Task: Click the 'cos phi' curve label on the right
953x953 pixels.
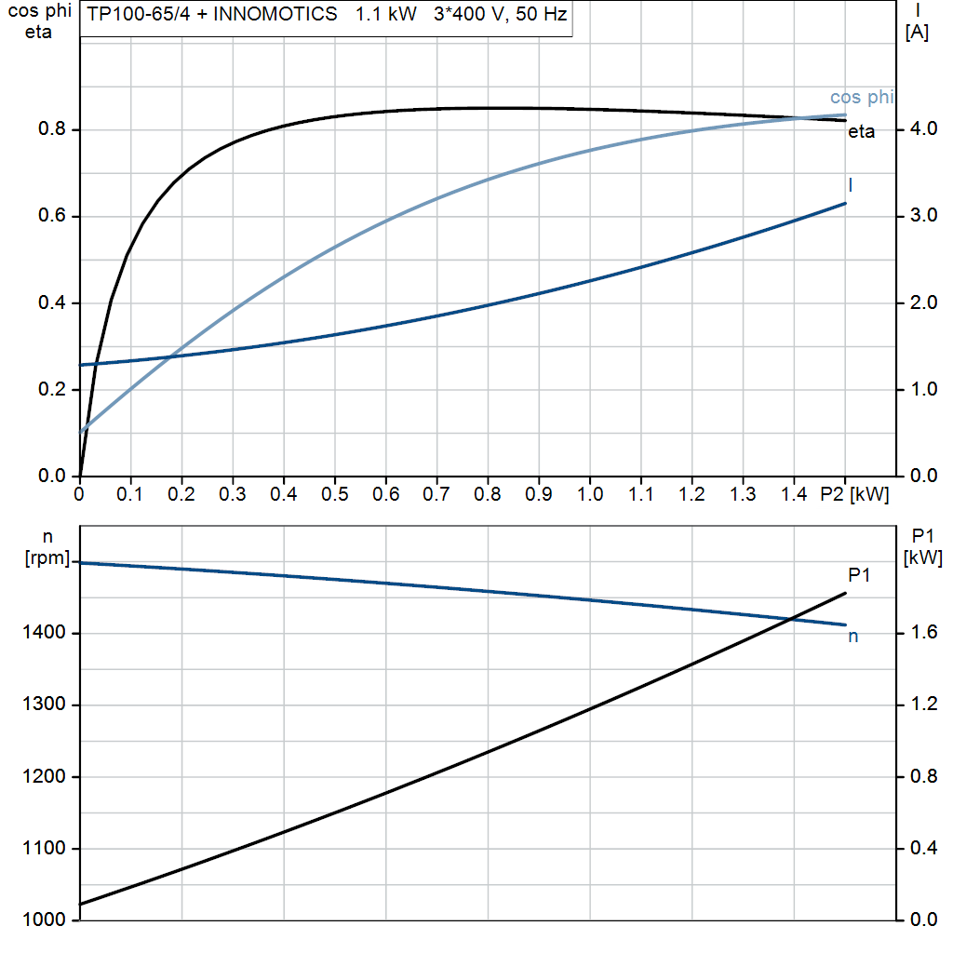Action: pyautogui.click(x=862, y=98)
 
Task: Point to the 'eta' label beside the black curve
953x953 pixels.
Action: pyautogui.click(x=861, y=132)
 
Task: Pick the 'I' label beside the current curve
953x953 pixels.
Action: pyautogui.click(x=851, y=185)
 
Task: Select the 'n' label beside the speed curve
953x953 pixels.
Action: pyautogui.click(x=852, y=637)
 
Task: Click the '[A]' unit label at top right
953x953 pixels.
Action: pyautogui.click(x=917, y=33)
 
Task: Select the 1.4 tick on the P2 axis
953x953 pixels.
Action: pyautogui.click(x=794, y=495)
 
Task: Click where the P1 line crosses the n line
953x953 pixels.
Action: pyautogui.click(x=791, y=618)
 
